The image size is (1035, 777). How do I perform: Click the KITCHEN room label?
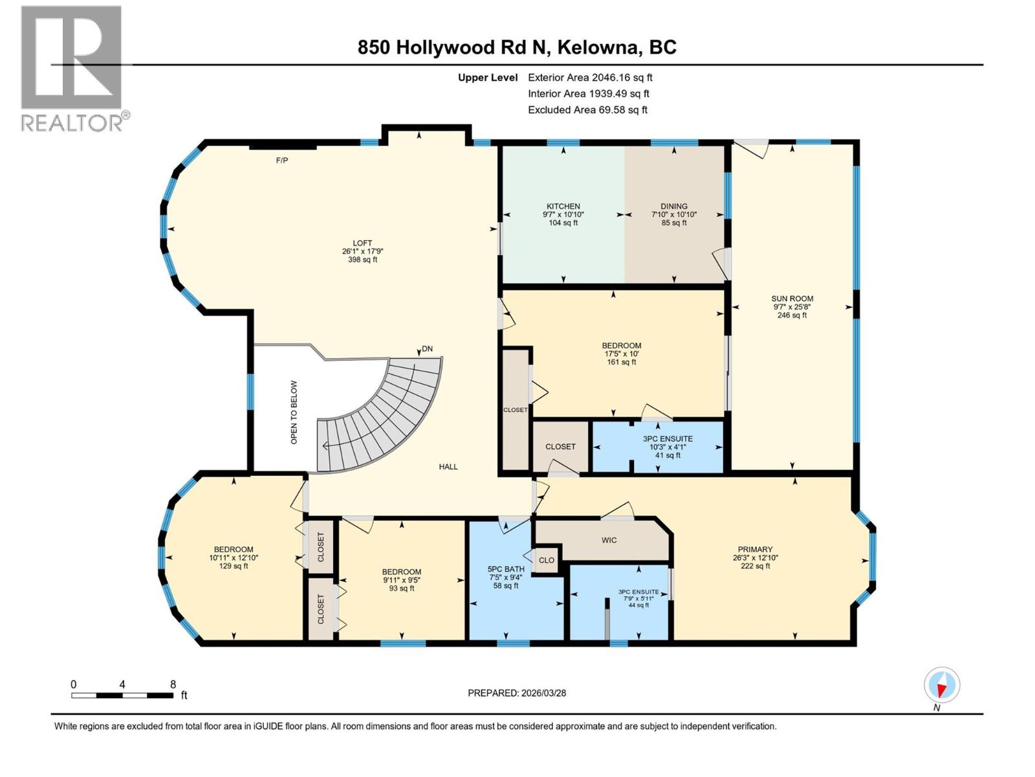(x=563, y=207)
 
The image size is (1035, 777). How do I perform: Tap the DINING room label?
(x=674, y=207)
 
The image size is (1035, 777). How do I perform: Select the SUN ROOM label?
(x=792, y=298)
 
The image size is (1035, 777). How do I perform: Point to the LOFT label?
(x=362, y=243)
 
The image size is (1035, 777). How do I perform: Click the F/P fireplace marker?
(x=282, y=160)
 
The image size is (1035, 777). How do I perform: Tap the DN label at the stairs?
(x=427, y=349)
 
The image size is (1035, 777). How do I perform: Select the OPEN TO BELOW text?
(x=294, y=412)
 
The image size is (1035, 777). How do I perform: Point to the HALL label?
(x=448, y=466)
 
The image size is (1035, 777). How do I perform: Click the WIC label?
(x=609, y=539)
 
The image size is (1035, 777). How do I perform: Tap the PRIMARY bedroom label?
(x=755, y=549)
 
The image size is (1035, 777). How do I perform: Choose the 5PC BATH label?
(x=506, y=569)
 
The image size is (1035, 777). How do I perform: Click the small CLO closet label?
(x=547, y=560)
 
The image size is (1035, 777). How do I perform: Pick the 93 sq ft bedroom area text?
(x=401, y=589)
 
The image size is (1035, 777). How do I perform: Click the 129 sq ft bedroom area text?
(x=234, y=566)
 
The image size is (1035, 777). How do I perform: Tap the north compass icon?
(x=942, y=685)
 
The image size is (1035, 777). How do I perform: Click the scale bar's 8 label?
(x=173, y=684)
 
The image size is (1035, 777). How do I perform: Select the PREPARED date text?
(x=517, y=693)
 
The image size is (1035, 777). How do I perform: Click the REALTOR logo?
(x=72, y=68)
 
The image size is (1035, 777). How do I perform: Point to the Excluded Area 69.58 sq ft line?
(x=587, y=110)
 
